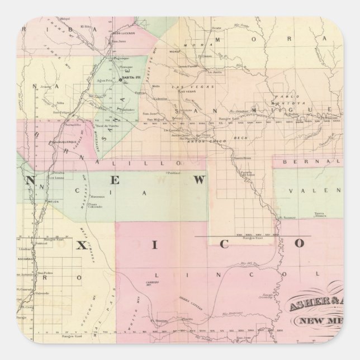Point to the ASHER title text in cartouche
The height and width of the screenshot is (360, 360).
coord(311,306)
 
